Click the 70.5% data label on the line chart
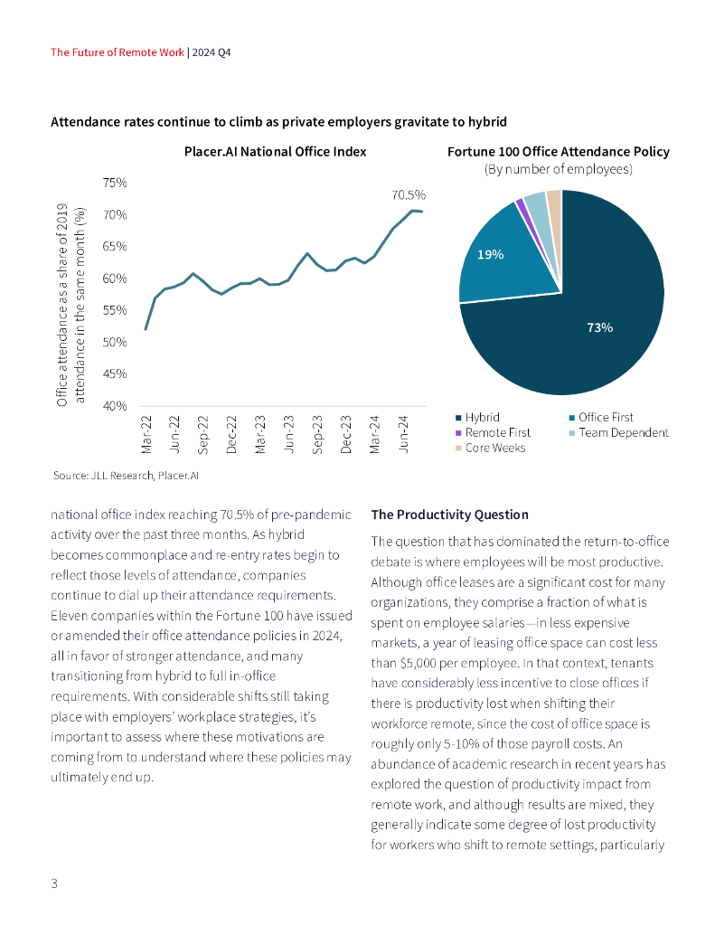pyautogui.click(x=409, y=194)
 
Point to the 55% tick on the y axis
pyautogui.click(x=114, y=310)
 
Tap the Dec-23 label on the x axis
pyautogui.click(x=346, y=434)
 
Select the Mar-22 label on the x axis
pyautogui.click(x=146, y=434)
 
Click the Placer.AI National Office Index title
pyautogui.click(x=268, y=151)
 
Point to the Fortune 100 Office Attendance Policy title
pyautogui.click(x=559, y=151)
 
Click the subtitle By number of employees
pyautogui.click(x=559, y=169)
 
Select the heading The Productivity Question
pyautogui.click(x=449, y=515)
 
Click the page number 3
pyautogui.click(x=54, y=883)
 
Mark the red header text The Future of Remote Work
pyautogui.click(x=118, y=52)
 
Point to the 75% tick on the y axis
pyautogui.click(x=114, y=183)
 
